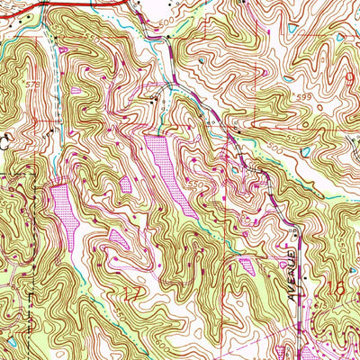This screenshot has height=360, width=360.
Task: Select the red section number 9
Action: tap(350, 80)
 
